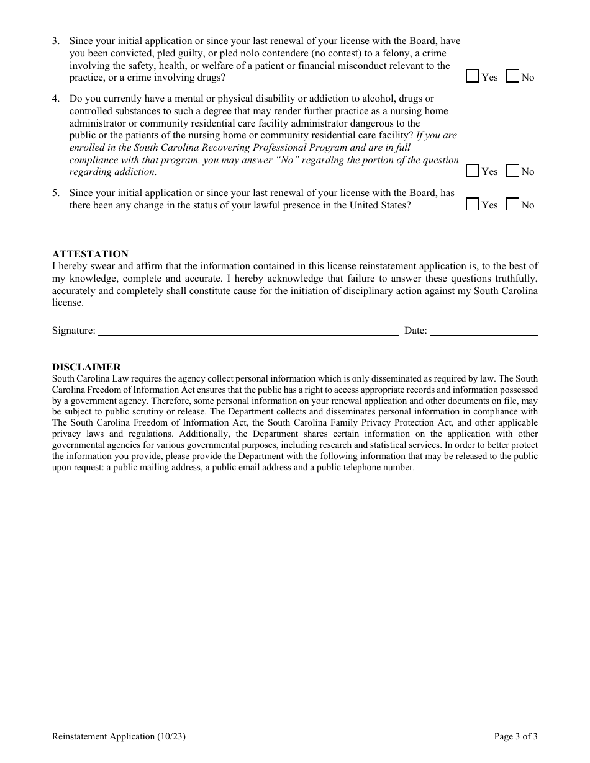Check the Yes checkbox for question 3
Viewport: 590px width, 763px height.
473,76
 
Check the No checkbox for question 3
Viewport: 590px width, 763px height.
513,76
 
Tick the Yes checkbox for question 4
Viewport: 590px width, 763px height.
473,171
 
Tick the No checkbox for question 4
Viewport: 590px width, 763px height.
513,171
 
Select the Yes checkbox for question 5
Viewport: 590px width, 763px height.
473,204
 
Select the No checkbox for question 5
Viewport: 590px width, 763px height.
513,204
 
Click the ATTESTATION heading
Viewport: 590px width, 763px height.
90,254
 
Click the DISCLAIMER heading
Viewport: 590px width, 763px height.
86,367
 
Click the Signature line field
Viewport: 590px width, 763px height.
248,331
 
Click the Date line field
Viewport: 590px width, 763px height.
484,331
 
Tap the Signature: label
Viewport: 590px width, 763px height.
74,331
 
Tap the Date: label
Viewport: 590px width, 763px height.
415,331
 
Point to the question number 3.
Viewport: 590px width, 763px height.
56,41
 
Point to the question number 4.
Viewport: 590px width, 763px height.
56,99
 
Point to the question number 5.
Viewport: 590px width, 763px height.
56,193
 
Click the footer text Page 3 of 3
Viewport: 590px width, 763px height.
515,737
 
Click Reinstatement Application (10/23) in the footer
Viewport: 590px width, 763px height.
119,737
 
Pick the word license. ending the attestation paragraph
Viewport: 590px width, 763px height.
68,303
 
